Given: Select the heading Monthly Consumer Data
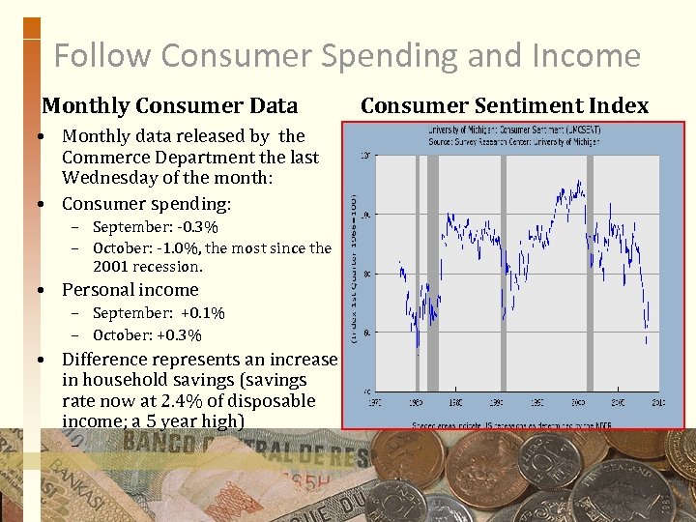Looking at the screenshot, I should (x=170, y=105).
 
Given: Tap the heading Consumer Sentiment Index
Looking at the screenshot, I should (x=505, y=105).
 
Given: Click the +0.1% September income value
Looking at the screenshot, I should (x=201, y=313).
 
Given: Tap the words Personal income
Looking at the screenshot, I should (x=130, y=290).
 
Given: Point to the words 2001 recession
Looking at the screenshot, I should (x=148, y=267).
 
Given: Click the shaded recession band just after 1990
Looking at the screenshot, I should (x=504, y=271).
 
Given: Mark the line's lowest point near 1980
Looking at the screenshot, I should (x=418, y=346).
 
